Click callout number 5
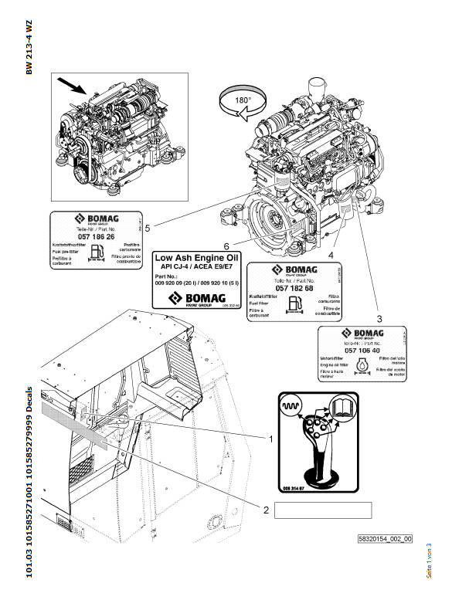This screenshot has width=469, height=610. pos(147,226)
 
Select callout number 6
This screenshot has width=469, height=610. pos(226,246)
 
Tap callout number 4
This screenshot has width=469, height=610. pos(331,253)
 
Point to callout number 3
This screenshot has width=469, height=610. pos(379,317)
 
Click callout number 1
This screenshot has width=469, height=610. pos(270,438)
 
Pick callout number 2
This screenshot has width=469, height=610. pos(266,510)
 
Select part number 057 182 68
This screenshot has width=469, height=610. pos(294,287)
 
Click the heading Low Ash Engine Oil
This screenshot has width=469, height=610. pos(198,256)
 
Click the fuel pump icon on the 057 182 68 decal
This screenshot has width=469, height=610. pos(295,303)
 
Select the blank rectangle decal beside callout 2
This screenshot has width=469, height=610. pos(323,509)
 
